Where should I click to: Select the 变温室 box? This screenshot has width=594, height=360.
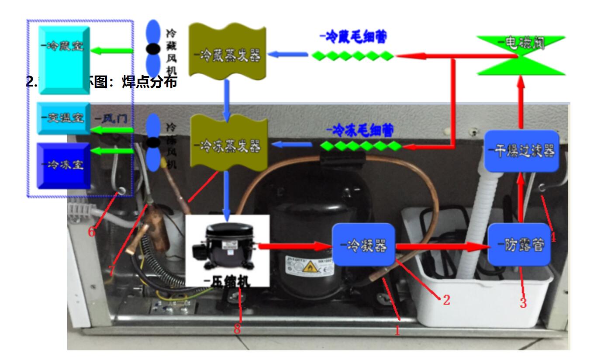64,118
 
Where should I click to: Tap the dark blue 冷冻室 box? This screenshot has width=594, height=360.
64,165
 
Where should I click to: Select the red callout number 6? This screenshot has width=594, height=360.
91,232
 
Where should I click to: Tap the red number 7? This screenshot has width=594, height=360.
112,270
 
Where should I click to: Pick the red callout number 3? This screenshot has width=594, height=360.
523,302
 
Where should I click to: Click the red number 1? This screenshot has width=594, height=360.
397,331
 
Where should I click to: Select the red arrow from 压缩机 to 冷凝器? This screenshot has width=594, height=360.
294,247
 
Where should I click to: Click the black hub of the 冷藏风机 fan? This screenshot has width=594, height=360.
153,49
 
